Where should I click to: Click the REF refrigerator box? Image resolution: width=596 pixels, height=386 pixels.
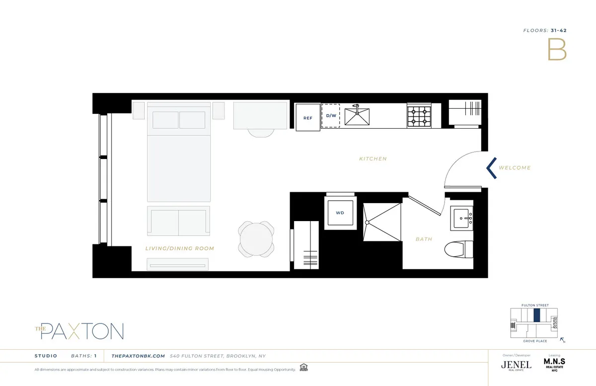[308, 118]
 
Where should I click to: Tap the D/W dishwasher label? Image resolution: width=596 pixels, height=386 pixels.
[331, 116]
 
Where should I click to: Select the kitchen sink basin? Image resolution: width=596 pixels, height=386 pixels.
[358, 117]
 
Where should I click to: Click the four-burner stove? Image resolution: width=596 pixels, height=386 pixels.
[419, 117]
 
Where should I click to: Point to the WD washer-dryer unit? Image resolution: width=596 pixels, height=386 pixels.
[340, 213]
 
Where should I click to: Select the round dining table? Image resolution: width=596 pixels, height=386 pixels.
[256, 239]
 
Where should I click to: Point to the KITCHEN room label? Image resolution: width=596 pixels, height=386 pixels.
[372, 159]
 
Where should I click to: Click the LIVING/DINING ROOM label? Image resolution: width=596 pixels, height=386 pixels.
[180, 248]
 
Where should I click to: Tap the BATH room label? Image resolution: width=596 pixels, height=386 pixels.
[424, 239]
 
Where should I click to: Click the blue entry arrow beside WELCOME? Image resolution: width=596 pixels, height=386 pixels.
[491, 168]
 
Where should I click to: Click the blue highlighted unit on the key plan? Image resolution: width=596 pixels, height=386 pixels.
[536, 315]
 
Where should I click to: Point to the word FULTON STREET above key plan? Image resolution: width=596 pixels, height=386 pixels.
[534, 305]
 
